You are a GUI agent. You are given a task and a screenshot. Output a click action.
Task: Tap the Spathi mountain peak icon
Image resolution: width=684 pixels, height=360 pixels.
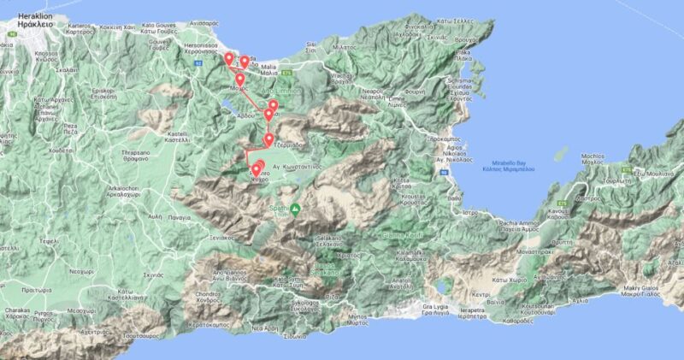coord(295,209)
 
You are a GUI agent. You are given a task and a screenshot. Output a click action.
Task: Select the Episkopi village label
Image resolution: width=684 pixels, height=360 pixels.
coord(103,92)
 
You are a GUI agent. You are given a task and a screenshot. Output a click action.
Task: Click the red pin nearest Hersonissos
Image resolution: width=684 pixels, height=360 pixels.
coord(228,58)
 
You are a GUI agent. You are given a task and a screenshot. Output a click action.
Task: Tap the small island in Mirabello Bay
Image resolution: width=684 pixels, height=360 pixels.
coord(562,153)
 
